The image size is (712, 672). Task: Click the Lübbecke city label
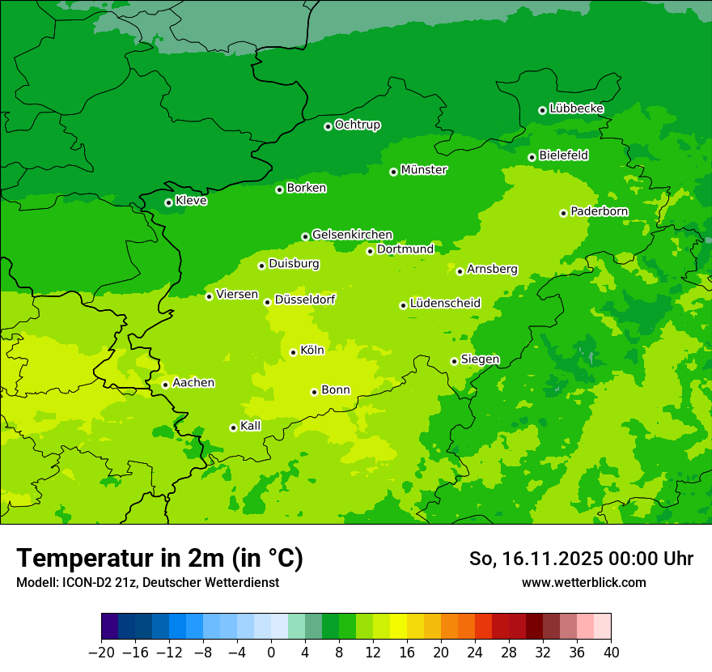576,108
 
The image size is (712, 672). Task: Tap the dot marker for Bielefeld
532,157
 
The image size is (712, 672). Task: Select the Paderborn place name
599,211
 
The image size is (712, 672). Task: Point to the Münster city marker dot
393,172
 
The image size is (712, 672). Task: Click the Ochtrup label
357,125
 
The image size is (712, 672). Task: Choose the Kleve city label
191,201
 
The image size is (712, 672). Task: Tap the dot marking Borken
279,189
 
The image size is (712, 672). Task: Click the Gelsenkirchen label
352,235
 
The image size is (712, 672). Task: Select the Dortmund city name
405,249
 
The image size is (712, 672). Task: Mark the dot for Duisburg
261,266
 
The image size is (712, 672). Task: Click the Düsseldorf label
304,300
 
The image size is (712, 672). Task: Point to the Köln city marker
293,352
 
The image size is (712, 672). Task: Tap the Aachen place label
193,383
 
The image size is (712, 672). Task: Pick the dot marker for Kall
233,427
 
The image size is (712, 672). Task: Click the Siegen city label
480,359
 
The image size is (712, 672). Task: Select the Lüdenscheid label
445,304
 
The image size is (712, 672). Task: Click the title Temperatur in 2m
159,559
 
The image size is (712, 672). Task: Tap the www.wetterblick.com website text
583,583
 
